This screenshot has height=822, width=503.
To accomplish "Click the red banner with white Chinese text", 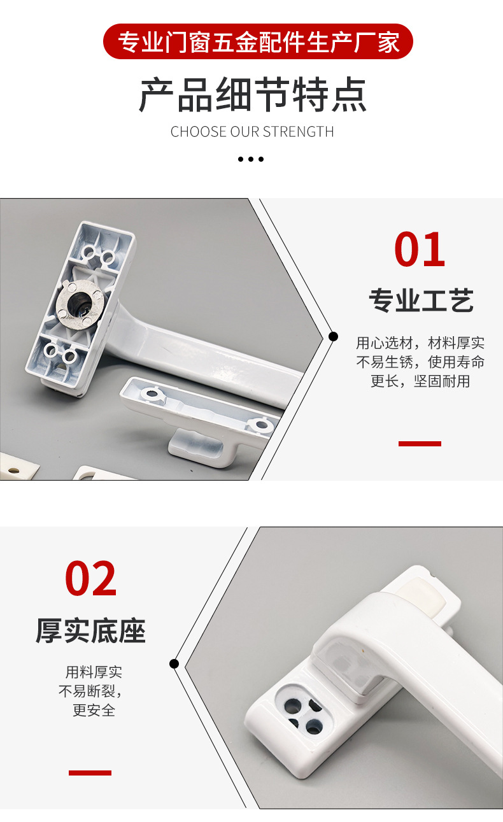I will (x=258, y=42).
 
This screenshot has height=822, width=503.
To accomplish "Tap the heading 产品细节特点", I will (x=253, y=96).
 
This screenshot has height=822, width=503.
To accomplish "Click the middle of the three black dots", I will (x=251, y=159).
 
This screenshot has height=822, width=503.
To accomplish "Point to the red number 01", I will (x=420, y=250).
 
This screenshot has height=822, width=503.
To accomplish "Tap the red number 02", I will (x=91, y=579).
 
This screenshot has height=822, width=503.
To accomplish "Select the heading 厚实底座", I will (x=90, y=631).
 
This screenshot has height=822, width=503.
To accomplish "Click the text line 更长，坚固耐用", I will (x=420, y=381).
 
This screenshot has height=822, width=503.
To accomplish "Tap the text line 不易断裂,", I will (x=90, y=691).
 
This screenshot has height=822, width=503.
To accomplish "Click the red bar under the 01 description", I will (x=420, y=443).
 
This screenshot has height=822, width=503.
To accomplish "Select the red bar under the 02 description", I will (x=90, y=772).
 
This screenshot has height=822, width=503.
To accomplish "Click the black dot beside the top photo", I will (x=333, y=336).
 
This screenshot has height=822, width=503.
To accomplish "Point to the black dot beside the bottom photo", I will (x=174, y=663).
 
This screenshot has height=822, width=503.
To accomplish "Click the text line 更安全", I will (x=94, y=710).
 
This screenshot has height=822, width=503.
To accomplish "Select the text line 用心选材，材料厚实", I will (x=420, y=343).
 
